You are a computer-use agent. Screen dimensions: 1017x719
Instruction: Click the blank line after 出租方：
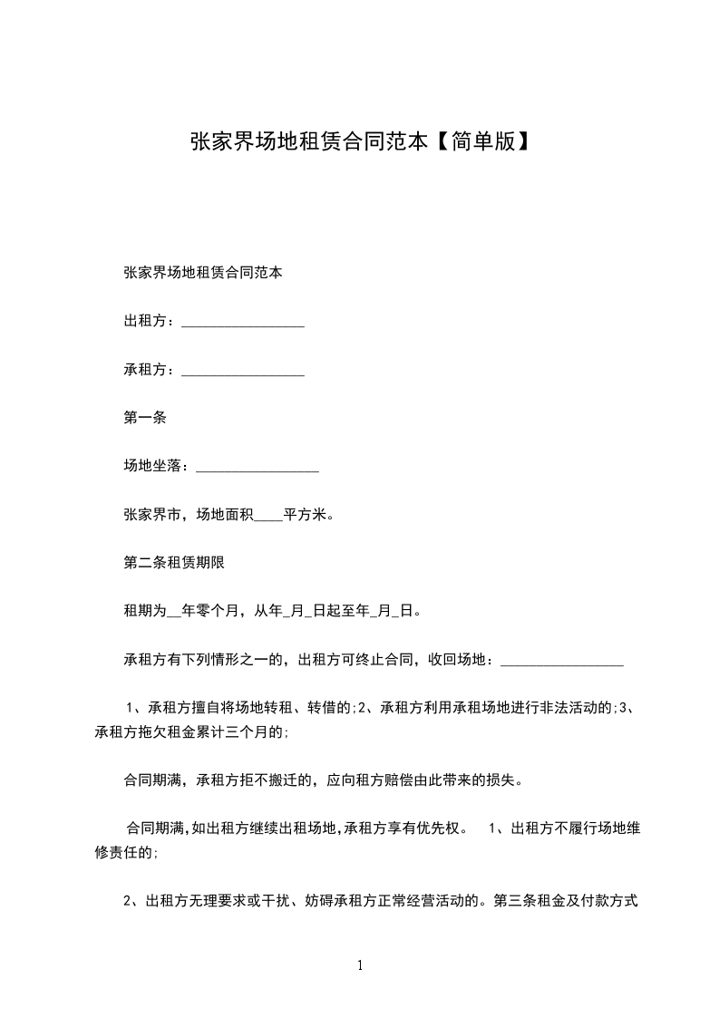pyautogui.click(x=242, y=324)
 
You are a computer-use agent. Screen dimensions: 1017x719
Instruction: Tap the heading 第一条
pyautogui.click(x=143, y=418)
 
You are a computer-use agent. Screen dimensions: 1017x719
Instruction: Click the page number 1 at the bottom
pyautogui.click(x=360, y=965)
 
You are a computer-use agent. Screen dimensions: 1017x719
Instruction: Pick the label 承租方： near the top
pyautogui.click(x=151, y=370)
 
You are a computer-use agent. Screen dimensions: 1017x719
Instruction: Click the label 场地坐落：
pyautogui.click(x=157, y=466)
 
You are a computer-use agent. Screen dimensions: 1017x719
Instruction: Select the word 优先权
pyautogui.click(x=442, y=828)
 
